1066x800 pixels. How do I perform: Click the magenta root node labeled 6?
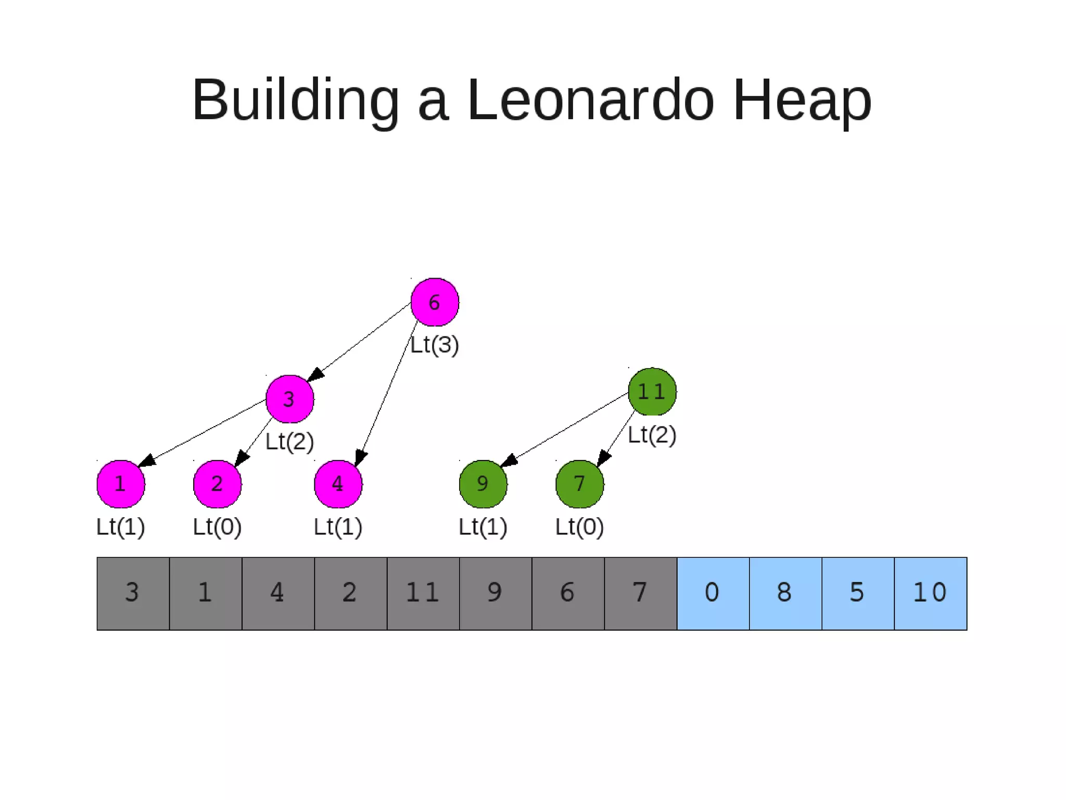pyautogui.click(x=435, y=302)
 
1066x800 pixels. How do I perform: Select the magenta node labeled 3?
pyautogui.click(x=289, y=399)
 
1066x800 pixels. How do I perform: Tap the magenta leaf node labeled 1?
pyautogui.click(x=121, y=484)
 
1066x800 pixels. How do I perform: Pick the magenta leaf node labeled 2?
pyautogui.click(x=217, y=484)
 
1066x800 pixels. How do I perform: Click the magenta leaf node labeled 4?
pyautogui.click(x=338, y=484)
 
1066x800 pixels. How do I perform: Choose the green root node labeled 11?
pyautogui.click(x=652, y=392)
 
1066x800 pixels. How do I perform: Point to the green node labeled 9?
pyautogui.click(x=483, y=484)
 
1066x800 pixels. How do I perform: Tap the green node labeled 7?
pyautogui.click(x=579, y=484)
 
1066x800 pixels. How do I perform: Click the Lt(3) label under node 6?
pyautogui.click(x=435, y=345)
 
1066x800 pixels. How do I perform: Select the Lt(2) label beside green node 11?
pyautogui.click(x=652, y=435)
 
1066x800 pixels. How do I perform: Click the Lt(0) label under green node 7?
pyautogui.click(x=579, y=527)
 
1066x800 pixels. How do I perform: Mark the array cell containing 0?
pyautogui.click(x=713, y=593)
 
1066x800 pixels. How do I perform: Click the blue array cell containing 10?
pyautogui.click(x=930, y=593)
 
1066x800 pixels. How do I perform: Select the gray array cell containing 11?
pyautogui.click(x=423, y=593)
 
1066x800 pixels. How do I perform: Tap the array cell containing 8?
pyautogui.click(x=785, y=593)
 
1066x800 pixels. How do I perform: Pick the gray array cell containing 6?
pyautogui.click(x=568, y=593)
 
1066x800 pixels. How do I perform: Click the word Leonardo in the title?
pyautogui.click(x=590, y=99)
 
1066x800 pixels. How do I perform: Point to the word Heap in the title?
pyautogui.click(x=802, y=99)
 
